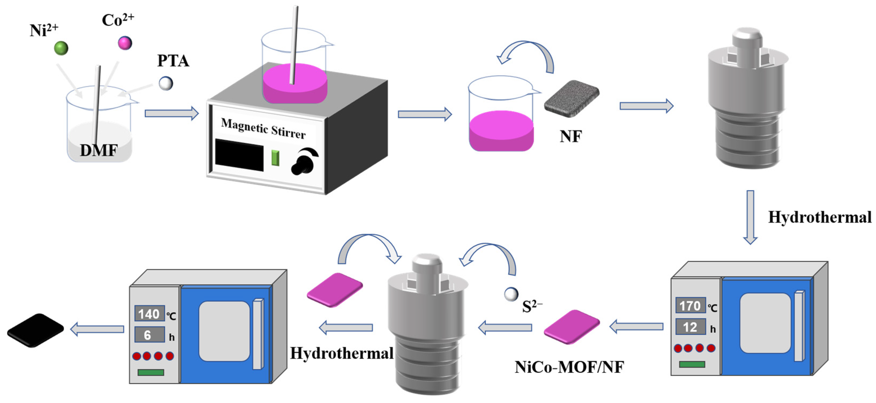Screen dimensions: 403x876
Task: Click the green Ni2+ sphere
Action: coord(61,48)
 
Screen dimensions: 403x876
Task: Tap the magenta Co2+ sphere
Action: coord(125,43)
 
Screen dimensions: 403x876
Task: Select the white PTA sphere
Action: coord(166,83)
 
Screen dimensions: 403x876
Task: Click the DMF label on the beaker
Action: coord(99,150)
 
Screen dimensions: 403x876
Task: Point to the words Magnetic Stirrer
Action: coord(263,128)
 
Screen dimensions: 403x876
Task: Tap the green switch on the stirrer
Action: coord(275,158)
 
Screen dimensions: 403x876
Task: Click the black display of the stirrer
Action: coord(239,155)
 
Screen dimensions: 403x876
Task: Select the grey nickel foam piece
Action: coord(572,99)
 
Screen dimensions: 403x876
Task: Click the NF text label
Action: coord(571,136)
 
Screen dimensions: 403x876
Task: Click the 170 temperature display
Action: coord(690,306)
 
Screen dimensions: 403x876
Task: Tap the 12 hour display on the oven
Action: coord(690,327)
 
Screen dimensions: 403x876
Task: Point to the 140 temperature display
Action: coord(149,314)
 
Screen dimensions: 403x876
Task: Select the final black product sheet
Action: coord(35,330)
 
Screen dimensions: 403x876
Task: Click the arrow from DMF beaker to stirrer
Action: coord(172,113)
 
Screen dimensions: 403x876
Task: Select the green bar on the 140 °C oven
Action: coord(151,372)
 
